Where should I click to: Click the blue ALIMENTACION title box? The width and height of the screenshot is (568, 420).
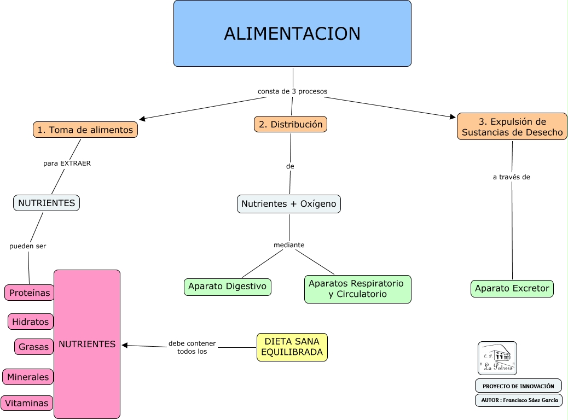click(x=292, y=33)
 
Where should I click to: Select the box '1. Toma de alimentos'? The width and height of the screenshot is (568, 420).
click(x=85, y=130)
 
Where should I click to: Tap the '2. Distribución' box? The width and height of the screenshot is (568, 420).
click(x=291, y=124)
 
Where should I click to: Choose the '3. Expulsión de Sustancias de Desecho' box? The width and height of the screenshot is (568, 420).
click(x=512, y=126)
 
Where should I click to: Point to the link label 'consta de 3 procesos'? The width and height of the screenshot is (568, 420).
click(x=292, y=91)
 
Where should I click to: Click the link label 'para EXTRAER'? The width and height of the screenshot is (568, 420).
click(x=67, y=163)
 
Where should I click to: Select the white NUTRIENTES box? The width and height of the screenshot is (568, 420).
click(x=47, y=203)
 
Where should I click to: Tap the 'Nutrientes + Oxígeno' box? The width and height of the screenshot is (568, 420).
click(x=289, y=204)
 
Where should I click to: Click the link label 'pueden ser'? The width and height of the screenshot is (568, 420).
click(x=28, y=246)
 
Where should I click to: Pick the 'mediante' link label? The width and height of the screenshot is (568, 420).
click(x=289, y=245)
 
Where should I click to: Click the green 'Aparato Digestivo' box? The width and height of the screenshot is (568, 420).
click(x=227, y=286)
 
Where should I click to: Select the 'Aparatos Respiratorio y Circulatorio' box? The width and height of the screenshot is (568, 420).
click(x=357, y=289)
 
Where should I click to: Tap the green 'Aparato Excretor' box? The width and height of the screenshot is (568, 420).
click(x=512, y=288)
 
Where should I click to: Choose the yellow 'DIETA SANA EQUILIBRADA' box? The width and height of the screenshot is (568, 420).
click(x=292, y=347)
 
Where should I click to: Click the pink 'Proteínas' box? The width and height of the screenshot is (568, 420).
click(x=30, y=293)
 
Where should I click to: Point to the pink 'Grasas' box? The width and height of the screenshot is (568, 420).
click(x=34, y=347)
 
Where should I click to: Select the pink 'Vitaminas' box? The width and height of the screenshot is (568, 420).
click(x=27, y=403)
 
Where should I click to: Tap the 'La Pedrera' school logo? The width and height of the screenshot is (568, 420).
click(x=497, y=358)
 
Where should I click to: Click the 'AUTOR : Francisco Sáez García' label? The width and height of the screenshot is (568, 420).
click(x=519, y=400)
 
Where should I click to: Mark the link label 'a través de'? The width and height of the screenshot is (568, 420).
click(x=512, y=177)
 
